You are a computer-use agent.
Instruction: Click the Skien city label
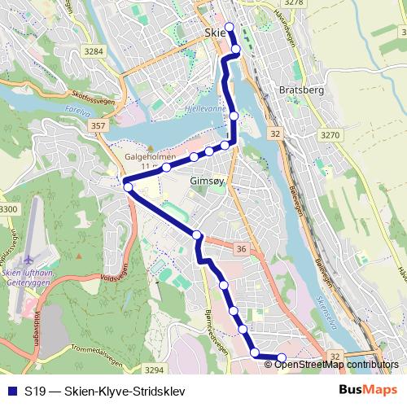(x=213, y=33)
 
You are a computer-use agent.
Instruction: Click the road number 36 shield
(x=241, y=249)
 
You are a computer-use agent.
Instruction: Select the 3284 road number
(x=95, y=50)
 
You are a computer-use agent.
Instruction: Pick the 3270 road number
(x=330, y=135)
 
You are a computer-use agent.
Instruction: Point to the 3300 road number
(x=7, y=210)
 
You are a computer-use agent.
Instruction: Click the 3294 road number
(x=154, y=370)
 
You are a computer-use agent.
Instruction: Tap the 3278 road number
(x=294, y=3)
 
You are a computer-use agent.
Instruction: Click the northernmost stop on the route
(x=229, y=27)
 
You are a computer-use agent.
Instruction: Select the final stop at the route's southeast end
(x=282, y=358)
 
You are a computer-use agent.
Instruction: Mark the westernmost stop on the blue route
(x=128, y=188)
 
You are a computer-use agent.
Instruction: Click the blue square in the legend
(x=10, y=389)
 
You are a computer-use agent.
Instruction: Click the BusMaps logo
(x=367, y=389)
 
